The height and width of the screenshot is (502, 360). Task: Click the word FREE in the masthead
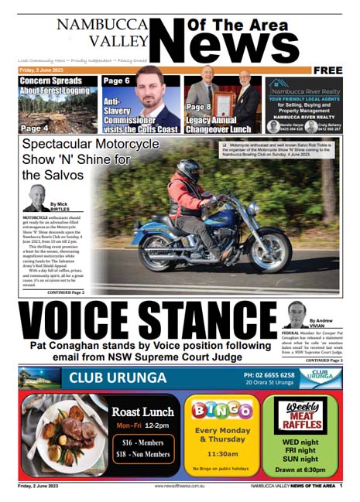pos(327,70)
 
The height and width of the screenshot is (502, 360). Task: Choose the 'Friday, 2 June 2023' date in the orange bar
pos(43,70)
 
